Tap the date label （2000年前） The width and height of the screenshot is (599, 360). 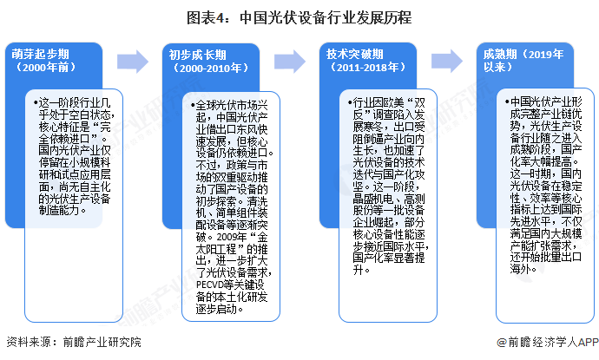[43, 68]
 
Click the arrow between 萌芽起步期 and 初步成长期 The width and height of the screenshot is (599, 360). [133, 60]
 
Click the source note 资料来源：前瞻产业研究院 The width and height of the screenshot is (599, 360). [73, 344]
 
